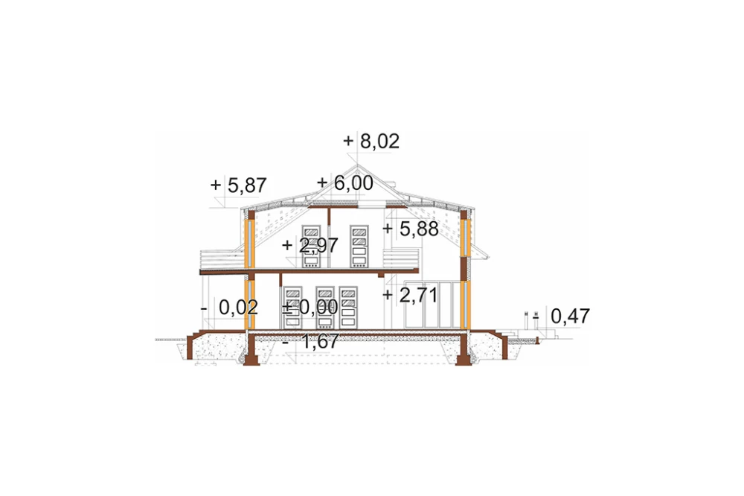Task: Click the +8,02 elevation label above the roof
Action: pos(371,141)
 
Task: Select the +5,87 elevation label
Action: pos(238,185)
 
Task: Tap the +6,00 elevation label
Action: pos(345,182)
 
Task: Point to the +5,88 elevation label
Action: pos(411,229)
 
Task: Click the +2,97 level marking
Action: pos(310,245)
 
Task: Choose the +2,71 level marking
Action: pos(410,295)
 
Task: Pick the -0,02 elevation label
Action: pos(230,308)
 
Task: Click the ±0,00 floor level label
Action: pos(310,307)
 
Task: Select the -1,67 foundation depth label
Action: pos(311,341)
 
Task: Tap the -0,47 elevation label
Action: pos(561,316)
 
